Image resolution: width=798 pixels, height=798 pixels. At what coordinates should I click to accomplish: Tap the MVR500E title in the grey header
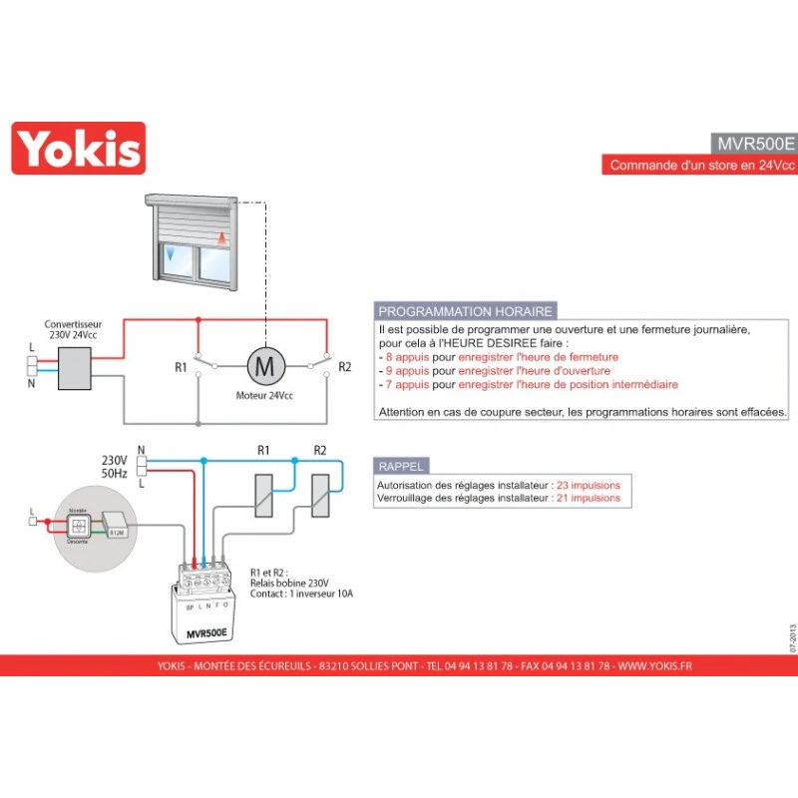753,142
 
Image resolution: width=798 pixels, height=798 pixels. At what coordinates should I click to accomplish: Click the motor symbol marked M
265,366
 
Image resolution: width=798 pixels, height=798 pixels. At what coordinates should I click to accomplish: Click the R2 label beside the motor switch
345,367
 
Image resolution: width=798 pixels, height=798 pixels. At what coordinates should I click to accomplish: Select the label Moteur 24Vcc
265,396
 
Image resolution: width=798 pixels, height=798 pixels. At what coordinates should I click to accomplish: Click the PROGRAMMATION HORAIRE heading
464,311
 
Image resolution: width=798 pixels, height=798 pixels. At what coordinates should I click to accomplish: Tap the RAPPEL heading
401,466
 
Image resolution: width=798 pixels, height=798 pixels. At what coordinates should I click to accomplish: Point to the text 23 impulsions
589,484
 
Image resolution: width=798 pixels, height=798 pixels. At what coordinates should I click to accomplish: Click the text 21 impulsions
589,497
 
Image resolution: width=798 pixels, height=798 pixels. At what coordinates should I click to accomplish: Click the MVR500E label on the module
207,633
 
